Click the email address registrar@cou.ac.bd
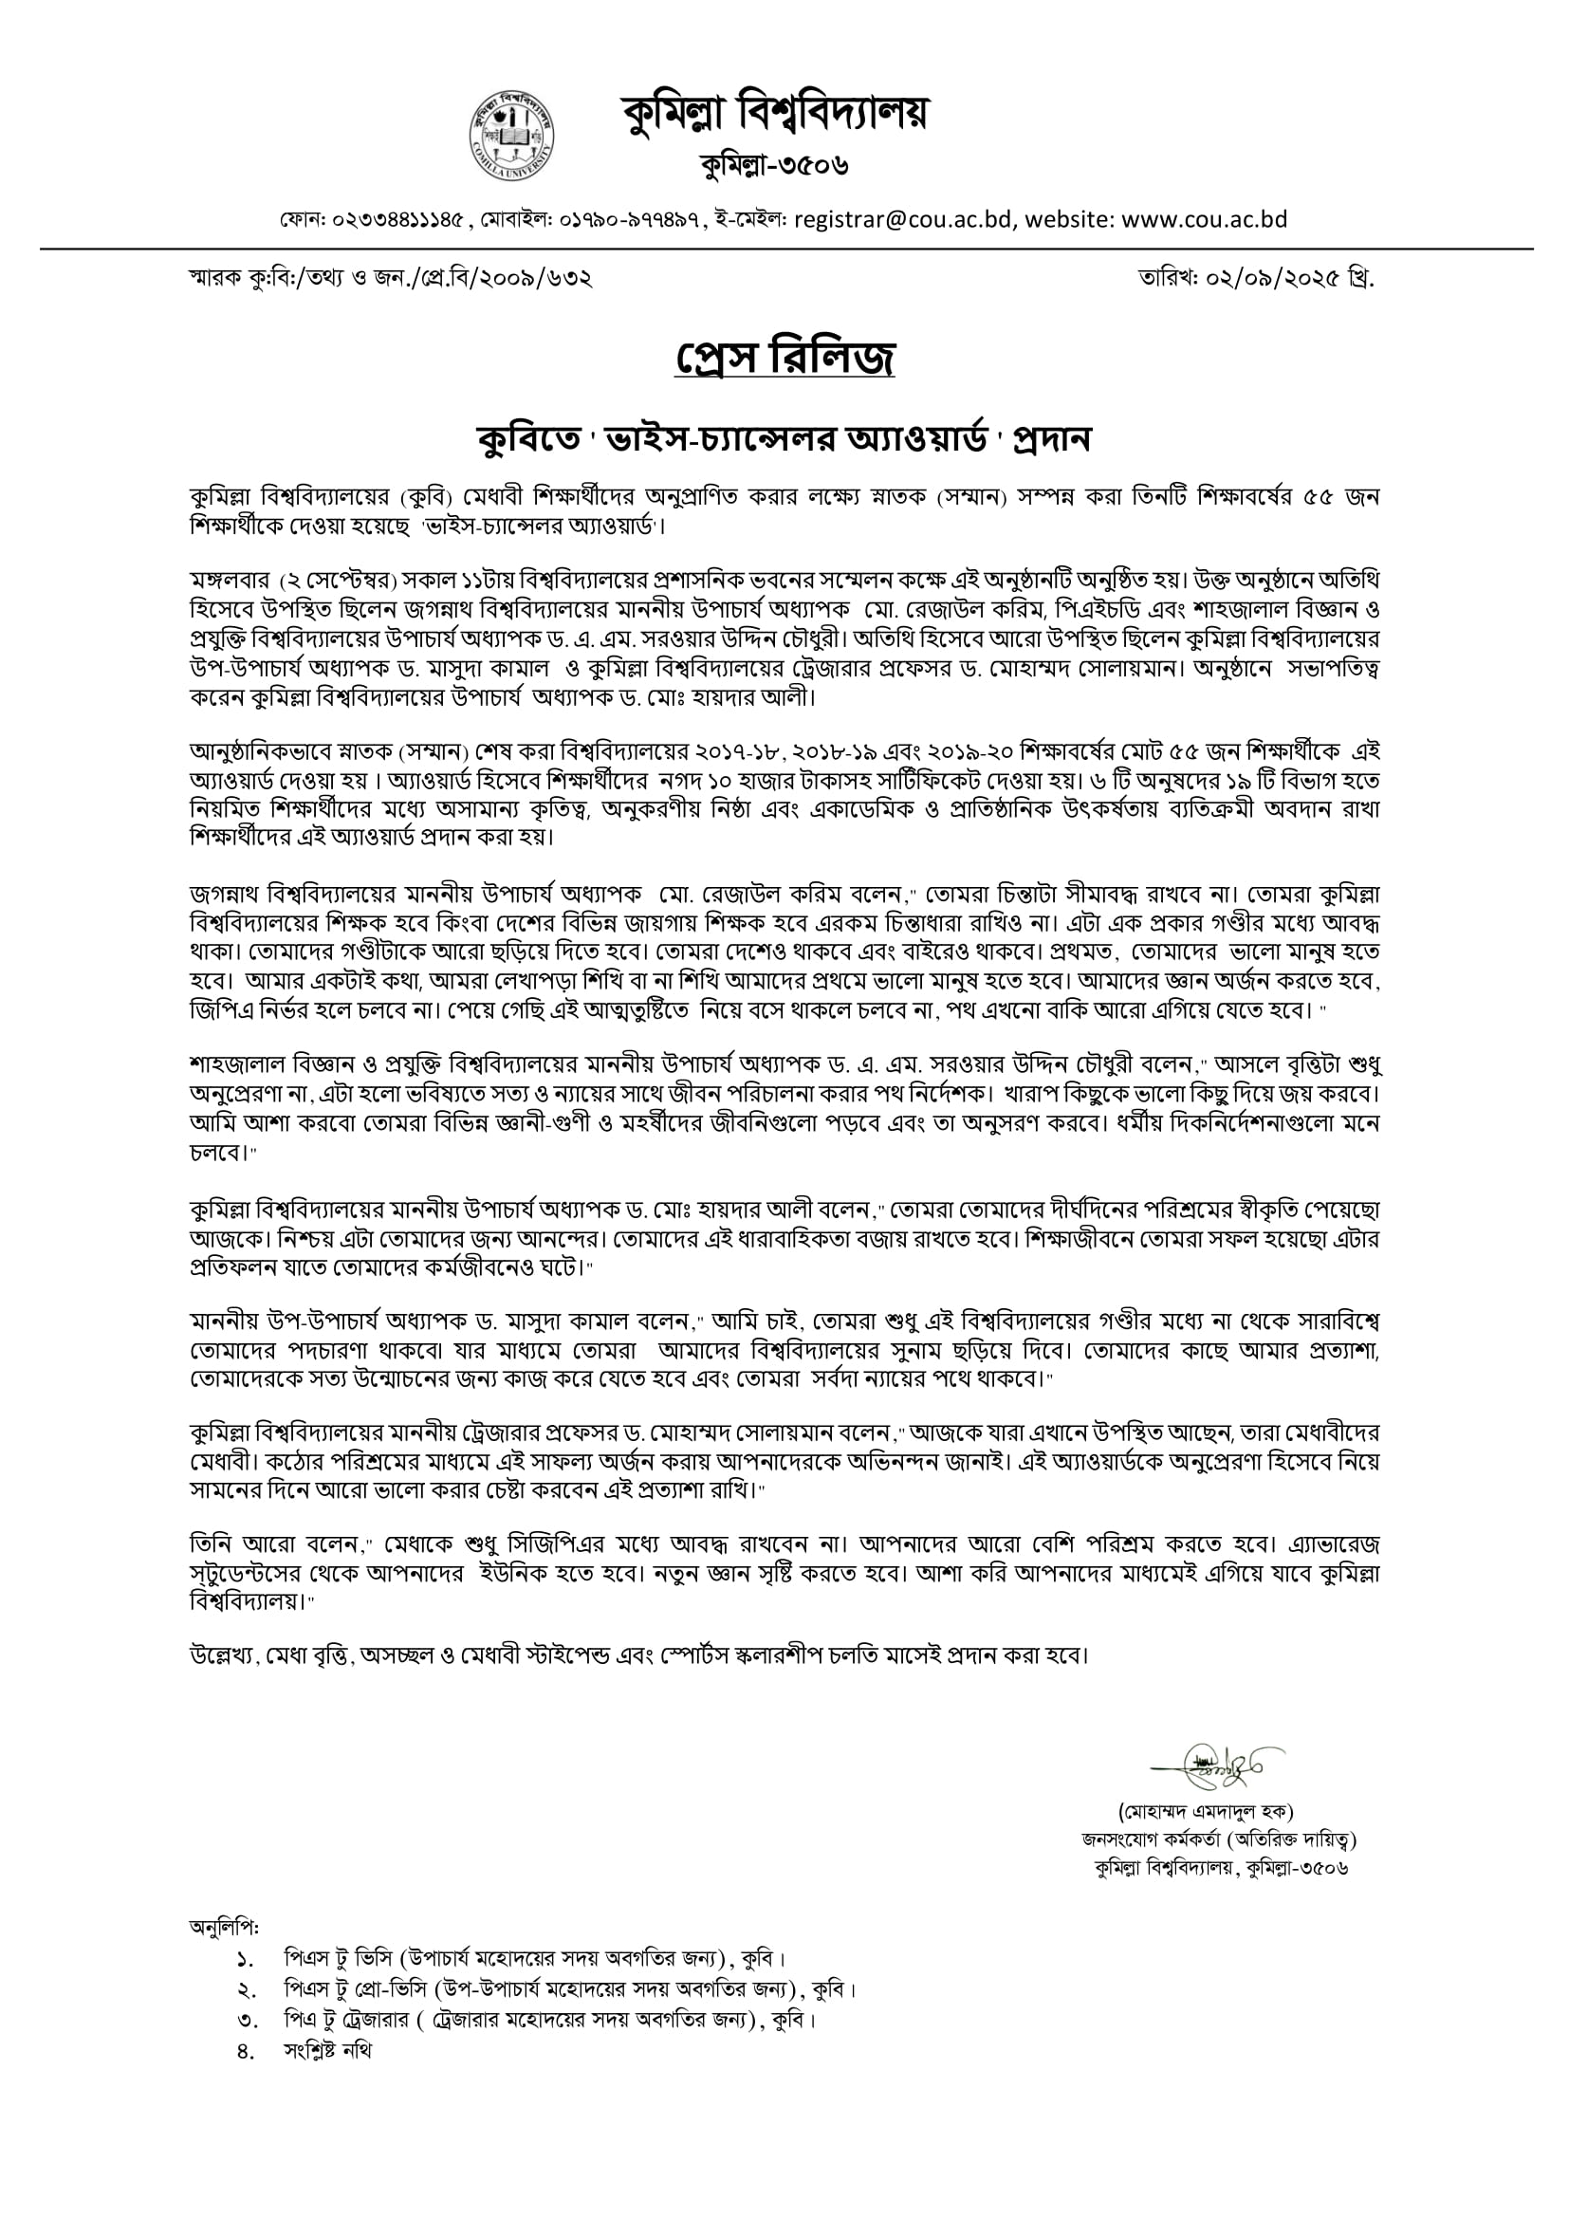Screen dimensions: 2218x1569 click(903, 219)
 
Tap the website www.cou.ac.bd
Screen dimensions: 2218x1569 click(1204, 219)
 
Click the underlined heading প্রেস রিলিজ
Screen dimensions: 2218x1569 click(784, 358)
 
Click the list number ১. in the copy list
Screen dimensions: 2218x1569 click(245, 1960)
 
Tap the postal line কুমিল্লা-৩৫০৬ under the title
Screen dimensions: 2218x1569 click(775, 165)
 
